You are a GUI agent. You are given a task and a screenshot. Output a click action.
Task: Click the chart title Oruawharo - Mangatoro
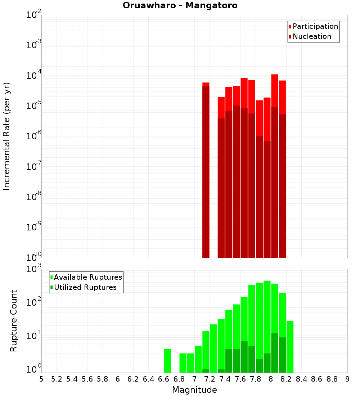pyautogui.click(x=180, y=6)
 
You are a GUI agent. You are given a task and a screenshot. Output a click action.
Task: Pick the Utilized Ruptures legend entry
pyautogui.click(x=85, y=288)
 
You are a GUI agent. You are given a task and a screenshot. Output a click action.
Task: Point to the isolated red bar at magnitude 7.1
pyautogui.click(x=206, y=169)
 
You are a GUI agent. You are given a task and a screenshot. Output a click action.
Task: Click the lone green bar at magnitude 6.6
pyautogui.click(x=167, y=361)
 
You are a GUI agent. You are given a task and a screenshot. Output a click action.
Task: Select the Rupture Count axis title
pyautogui.click(x=14, y=320)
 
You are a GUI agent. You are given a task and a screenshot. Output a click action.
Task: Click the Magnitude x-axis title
pyautogui.click(x=194, y=390)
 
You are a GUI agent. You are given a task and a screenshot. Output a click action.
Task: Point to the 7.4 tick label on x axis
pyautogui.click(x=225, y=379)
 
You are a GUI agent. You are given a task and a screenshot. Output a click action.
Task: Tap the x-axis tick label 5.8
pyautogui.click(x=103, y=379)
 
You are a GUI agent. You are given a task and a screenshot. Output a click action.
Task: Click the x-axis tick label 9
pyautogui.click(x=347, y=379)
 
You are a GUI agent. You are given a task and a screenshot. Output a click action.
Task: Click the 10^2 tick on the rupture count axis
pyautogui.click(x=34, y=302)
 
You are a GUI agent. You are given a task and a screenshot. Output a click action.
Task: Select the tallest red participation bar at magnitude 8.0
pyautogui.click(x=275, y=90)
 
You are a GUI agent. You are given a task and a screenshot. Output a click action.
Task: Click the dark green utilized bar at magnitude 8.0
pyautogui.click(x=275, y=353)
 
